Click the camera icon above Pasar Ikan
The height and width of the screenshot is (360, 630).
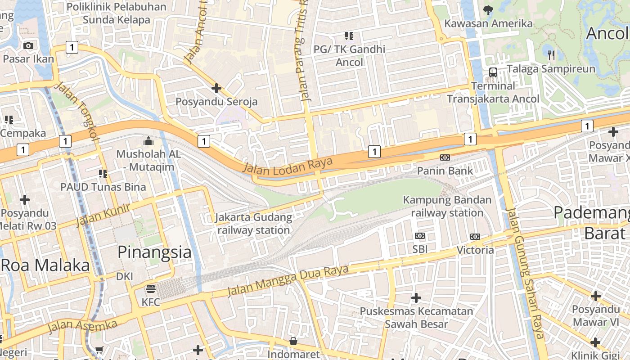(x=28, y=45)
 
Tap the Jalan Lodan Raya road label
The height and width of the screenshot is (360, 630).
(x=288, y=165)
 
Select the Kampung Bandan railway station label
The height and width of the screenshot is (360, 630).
(x=447, y=206)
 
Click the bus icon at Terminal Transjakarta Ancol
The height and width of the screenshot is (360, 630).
(x=493, y=72)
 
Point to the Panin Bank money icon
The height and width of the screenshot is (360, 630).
(x=445, y=157)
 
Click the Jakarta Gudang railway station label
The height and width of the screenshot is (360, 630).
(x=253, y=224)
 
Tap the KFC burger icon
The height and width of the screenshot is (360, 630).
(x=150, y=288)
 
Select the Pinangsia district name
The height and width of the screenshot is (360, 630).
(x=154, y=252)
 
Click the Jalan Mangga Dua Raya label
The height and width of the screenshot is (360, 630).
(x=288, y=280)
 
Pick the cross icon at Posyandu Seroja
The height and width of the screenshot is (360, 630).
(x=216, y=88)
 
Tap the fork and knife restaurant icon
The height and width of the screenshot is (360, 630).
(x=551, y=55)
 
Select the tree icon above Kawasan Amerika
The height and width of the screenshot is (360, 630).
(x=488, y=10)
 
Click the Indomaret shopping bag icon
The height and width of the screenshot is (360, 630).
(x=293, y=341)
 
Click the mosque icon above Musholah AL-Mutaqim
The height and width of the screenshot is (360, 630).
(x=148, y=141)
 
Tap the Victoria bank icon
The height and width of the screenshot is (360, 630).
(x=475, y=236)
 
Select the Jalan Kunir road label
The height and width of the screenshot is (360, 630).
(x=103, y=215)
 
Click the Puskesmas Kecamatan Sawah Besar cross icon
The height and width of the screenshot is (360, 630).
(x=416, y=297)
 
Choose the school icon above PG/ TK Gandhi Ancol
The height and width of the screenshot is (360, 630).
(x=349, y=36)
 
